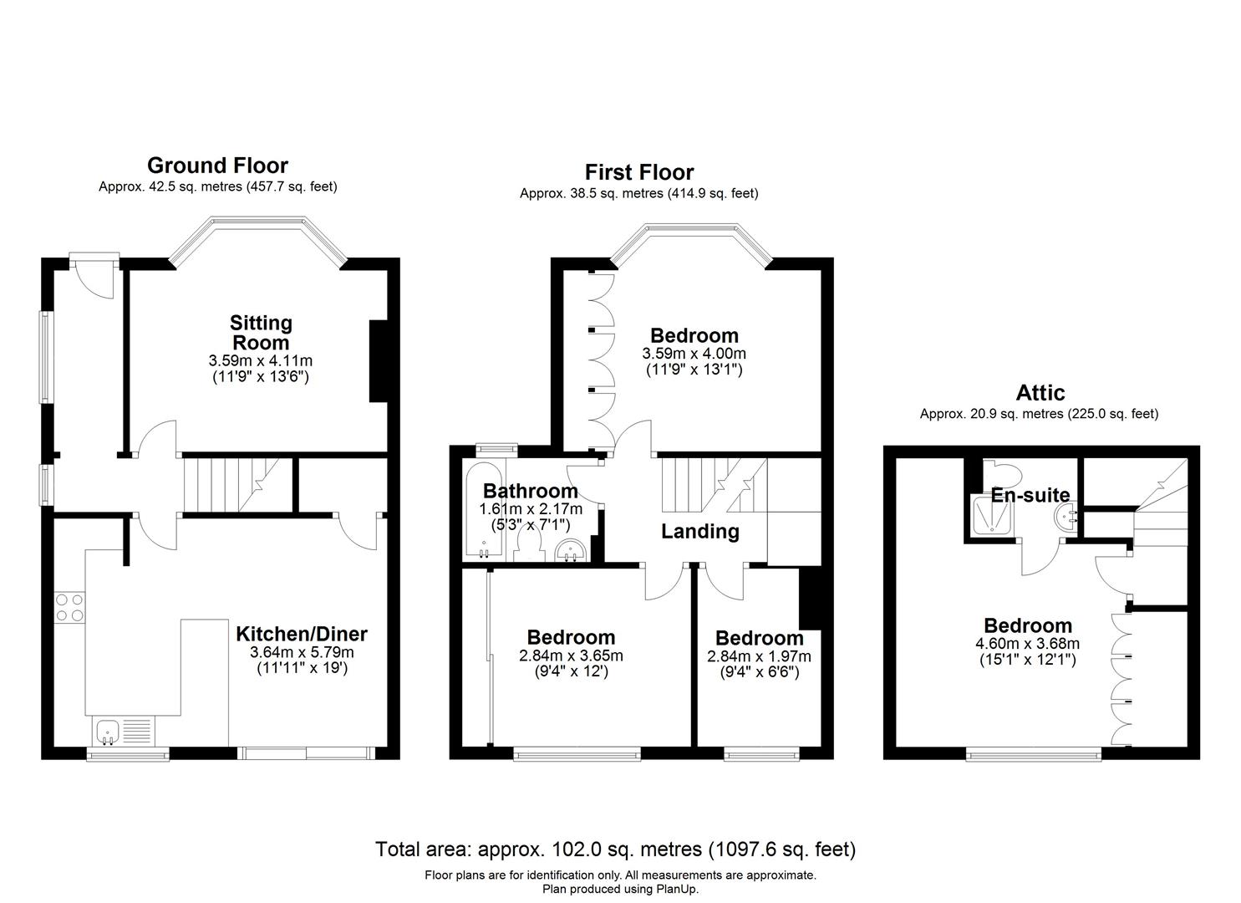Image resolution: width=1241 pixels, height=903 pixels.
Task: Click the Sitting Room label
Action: point(261,332)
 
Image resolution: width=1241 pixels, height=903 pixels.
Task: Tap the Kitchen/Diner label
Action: point(302,634)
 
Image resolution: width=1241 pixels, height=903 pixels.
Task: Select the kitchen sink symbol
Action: point(107,732)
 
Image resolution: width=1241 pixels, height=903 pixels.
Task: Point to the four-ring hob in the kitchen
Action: point(69,607)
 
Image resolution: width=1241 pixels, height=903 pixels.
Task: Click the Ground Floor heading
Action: point(217,166)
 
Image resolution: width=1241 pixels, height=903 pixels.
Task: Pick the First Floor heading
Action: point(638,172)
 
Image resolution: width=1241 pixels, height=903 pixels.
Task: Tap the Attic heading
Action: point(1040,392)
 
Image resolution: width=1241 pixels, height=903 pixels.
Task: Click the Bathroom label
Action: point(530,491)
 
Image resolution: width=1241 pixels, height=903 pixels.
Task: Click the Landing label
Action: point(699,531)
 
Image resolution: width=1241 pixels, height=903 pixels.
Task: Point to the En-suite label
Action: point(1030,495)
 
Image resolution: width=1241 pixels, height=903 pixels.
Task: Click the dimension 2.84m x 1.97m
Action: point(759,656)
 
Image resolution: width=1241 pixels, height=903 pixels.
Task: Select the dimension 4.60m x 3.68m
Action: point(1027,644)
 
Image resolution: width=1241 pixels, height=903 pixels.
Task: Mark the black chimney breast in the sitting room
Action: point(379,360)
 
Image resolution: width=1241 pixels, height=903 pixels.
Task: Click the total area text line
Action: point(615,849)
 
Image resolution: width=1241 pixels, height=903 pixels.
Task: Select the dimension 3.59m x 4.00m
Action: point(694,354)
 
